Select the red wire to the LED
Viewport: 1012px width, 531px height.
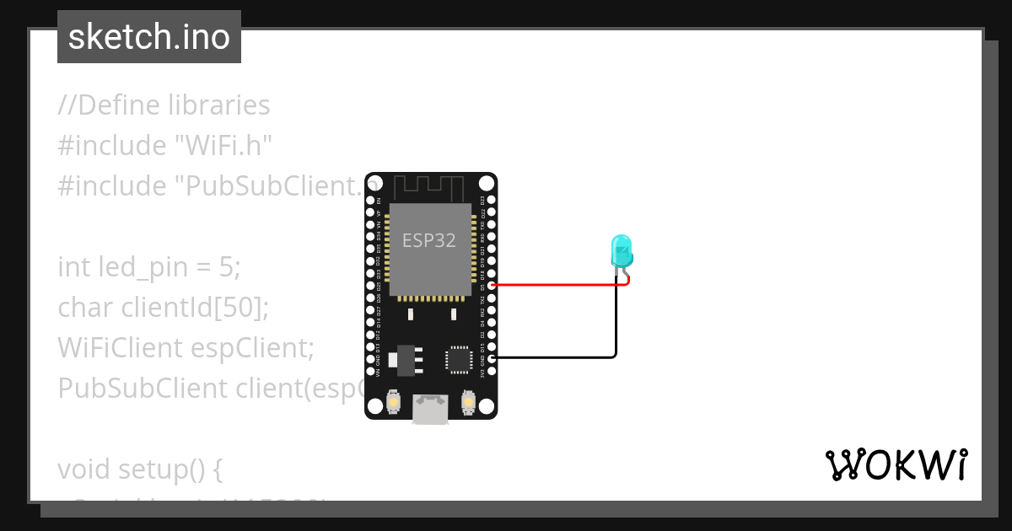click(x=557, y=285)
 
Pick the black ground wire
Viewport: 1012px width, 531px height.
click(x=557, y=358)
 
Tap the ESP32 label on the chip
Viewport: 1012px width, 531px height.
click(x=428, y=240)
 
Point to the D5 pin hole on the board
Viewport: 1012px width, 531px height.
click(x=492, y=285)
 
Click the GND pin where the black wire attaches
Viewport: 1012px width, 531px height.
click(x=492, y=358)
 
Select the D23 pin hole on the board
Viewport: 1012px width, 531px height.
click(x=492, y=200)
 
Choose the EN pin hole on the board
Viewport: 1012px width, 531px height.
click(x=370, y=200)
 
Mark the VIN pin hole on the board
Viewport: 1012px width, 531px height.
click(x=370, y=371)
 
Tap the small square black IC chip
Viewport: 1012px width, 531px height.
click(x=459, y=358)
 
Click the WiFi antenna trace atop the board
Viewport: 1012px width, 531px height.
click(x=430, y=186)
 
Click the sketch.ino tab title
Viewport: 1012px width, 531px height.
click(x=149, y=37)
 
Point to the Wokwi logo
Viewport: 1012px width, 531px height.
click(x=896, y=464)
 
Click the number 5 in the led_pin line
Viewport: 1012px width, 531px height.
click(x=226, y=267)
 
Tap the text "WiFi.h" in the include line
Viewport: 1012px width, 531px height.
click(x=223, y=146)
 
